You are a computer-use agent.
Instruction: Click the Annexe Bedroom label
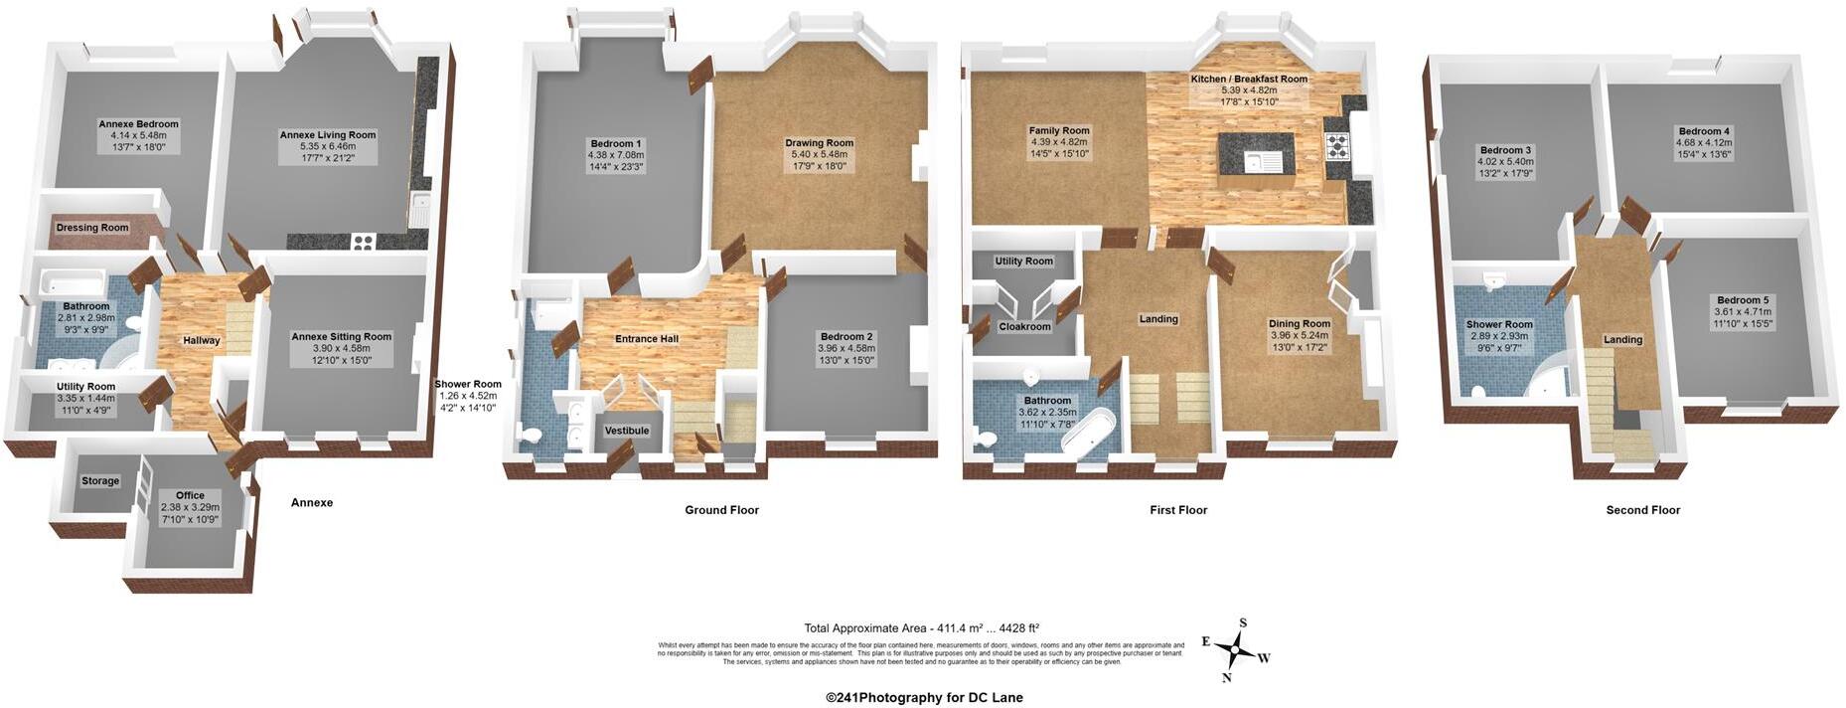point(138,124)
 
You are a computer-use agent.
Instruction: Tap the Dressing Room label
point(92,228)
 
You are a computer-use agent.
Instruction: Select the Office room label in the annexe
point(190,495)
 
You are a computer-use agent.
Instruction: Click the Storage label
point(100,481)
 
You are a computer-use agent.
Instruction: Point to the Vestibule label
point(627,431)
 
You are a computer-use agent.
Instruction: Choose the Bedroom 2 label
point(846,337)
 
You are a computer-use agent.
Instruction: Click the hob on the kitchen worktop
point(1336,147)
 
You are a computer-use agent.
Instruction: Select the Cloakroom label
point(1024,326)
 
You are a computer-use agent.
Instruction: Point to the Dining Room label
point(1299,324)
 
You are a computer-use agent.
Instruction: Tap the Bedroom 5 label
point(1743,300)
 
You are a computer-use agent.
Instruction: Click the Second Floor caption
point(1642,510)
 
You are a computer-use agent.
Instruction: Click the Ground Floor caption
point(721,510)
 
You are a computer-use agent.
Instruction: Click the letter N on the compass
point(1226,678)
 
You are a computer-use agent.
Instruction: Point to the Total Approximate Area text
point(921,628)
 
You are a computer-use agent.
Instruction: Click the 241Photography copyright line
point(924,698)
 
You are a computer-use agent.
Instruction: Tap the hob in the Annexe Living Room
point(363,241)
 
